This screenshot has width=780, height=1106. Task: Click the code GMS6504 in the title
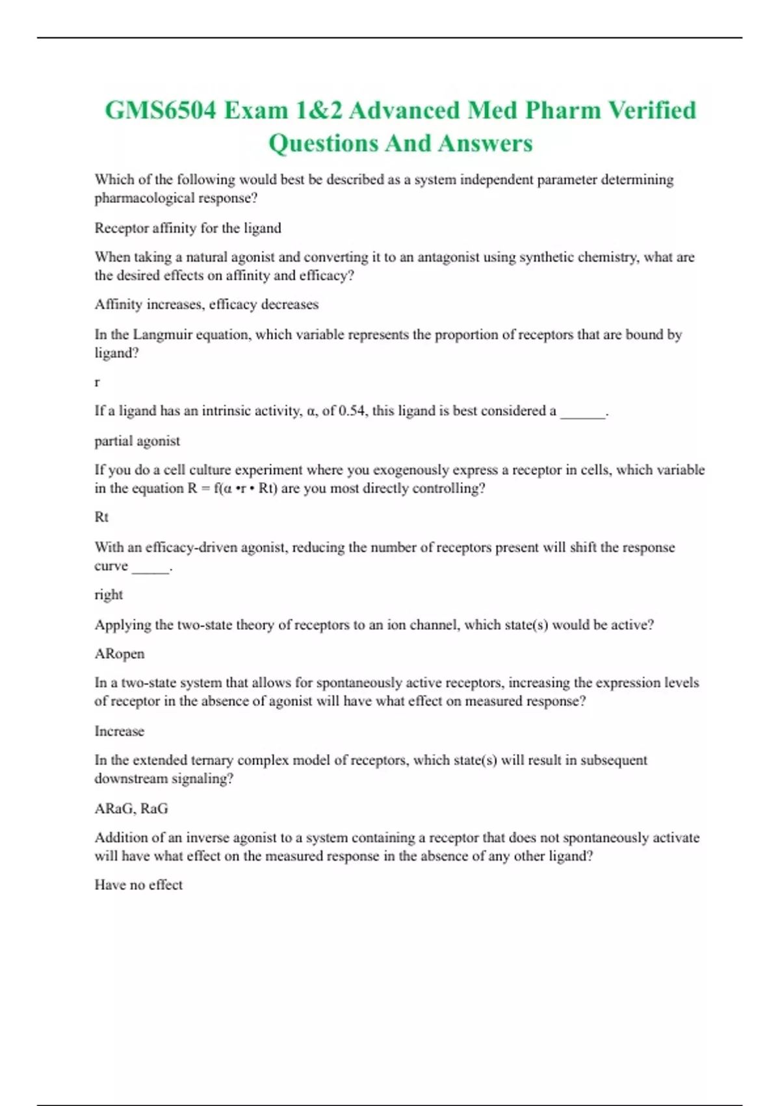click(x=161, y=111)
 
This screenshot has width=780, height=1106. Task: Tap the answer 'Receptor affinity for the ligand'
click(x=188, y=228)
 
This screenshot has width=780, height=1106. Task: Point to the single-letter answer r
click(x=97, y=383)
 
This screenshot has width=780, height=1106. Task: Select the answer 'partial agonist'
click(x=137, y=441)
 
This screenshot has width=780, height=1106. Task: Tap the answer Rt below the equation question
click(x=101, y=517)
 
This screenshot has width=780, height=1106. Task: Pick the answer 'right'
click(x=109, y=595)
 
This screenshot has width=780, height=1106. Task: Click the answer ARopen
click(x=120, y=654)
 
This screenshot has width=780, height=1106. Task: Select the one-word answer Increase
click(x=120, y=731)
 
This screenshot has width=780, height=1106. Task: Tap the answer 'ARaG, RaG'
click(x=131, y=809)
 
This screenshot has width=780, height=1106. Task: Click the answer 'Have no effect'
click(x=138, y=885)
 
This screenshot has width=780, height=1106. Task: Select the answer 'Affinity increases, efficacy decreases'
click(x=207, y=304)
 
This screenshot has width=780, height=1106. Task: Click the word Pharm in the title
click(x=563, y=111)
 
